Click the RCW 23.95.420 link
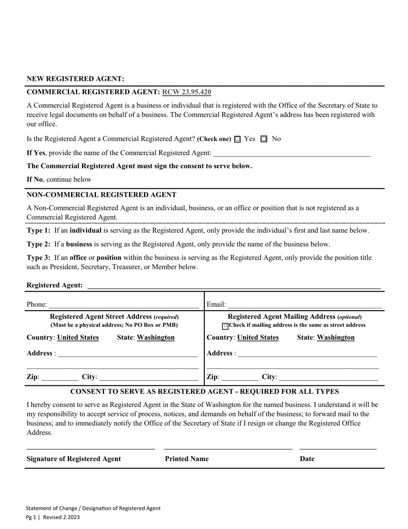click(186, 92)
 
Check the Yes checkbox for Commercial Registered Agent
click(238, 139)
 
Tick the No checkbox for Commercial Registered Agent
click(264, 139)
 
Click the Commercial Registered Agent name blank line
click(292, 154)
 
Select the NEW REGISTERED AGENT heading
click(76, 79)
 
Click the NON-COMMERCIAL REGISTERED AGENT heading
click(101, 195)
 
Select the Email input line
click(304, 305)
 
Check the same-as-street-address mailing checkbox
click(225, 326)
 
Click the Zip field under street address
click(60, 378)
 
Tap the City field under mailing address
click(328, 378)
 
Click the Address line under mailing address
click(307, 354)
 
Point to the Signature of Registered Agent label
click(74, 459)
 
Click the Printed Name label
click(187, 459)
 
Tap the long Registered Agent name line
click(234, 286)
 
